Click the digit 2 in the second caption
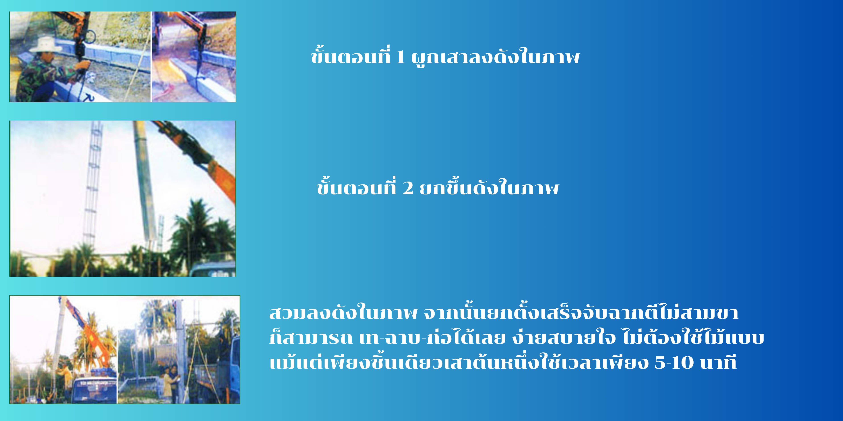(407, 188)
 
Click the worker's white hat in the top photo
(46, 45)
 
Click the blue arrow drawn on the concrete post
(88, 97)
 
